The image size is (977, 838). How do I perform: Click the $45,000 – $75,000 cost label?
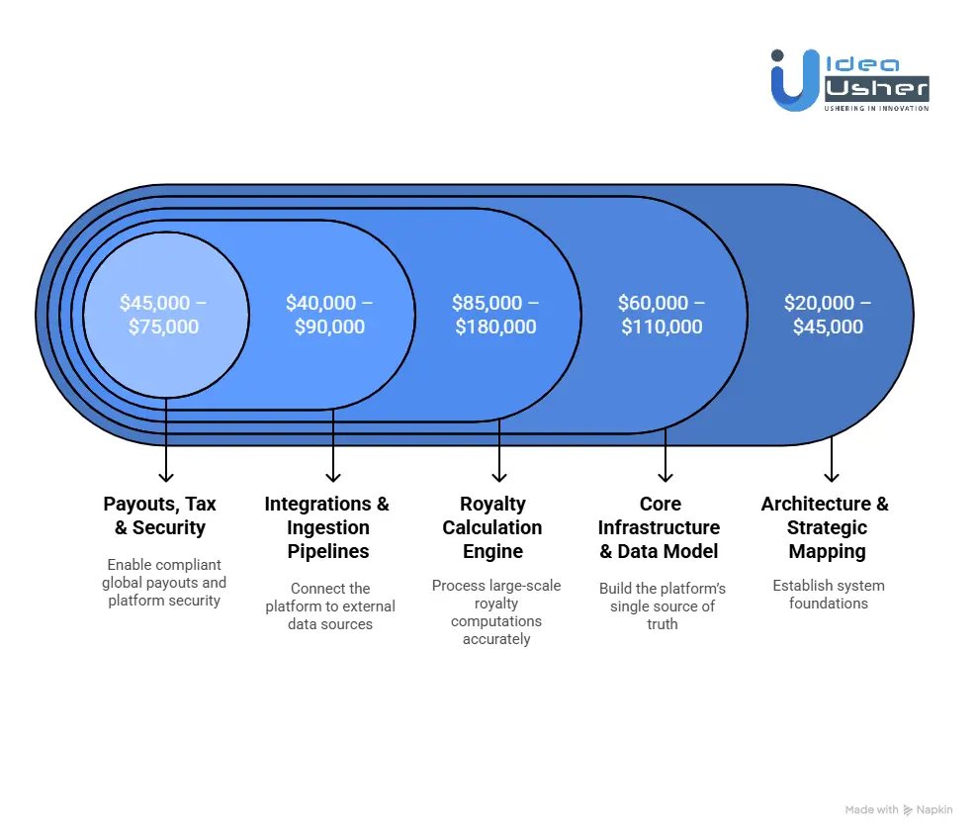[164, 315]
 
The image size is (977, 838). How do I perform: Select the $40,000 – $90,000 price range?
[329, 315]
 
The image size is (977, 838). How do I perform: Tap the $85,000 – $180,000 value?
[495, 315]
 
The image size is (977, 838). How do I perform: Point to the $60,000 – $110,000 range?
[662, 315]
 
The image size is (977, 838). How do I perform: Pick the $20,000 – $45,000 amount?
[828, 315]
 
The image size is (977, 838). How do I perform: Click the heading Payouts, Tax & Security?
[160, 515]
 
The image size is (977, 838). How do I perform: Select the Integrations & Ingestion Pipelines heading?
[327, 527]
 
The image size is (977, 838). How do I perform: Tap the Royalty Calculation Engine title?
[492, 527]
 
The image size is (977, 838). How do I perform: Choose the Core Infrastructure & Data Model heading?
[660, 527]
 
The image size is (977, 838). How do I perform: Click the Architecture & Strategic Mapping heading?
[826, 527]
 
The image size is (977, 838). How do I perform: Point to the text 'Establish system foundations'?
[829, 594]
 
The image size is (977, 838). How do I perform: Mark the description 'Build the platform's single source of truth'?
[662, 605]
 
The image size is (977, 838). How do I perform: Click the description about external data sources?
[330, 605]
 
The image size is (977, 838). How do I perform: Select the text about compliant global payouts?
[164, 582]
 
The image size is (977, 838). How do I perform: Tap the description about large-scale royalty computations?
[496, 611]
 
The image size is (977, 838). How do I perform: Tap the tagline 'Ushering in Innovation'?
[876, 108]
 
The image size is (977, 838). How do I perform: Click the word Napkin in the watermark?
[934, 810]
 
